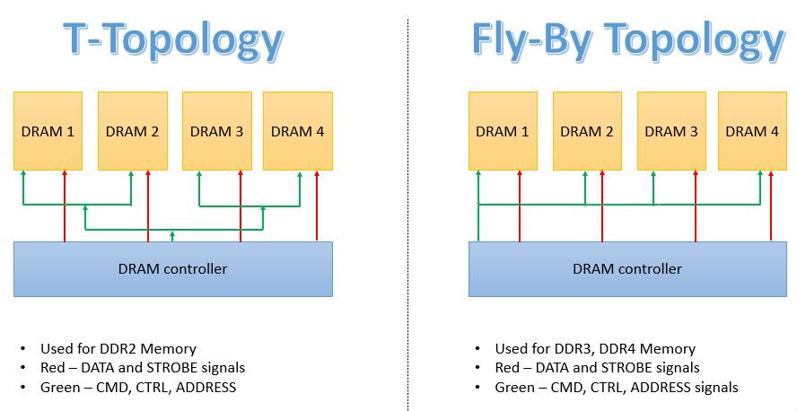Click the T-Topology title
click(x=173, y=39)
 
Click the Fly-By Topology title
click(x=627, y=39)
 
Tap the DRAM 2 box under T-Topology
click(x=132, y=131)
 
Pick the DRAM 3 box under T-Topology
click(x=216, y=131)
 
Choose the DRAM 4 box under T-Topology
click(x=297, y=131)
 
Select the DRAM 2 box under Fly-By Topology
click(x=587, y=131)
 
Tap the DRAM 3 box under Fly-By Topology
click(x=671, y=131)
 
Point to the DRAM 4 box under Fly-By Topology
click(x=752, y=131)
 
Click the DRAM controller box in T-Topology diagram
click(x=173, y=268)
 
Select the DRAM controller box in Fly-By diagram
click(x=627, y=268)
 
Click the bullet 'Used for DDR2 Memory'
click(x=118, y=348)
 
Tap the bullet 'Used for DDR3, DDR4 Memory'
click(x=595, y=348)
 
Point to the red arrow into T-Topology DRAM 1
click(x=65, y=206)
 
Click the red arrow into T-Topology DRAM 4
click(x=317, y=206)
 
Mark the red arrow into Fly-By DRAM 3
click(x=695, y=206)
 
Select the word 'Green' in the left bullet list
click(x=60, y=387)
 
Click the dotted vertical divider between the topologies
click(x=407, y=206)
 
